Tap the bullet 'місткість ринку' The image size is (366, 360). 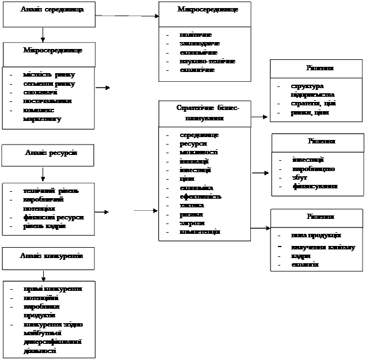tap(49, 75)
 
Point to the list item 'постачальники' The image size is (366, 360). tap(48, 101)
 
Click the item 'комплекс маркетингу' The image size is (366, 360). tap(43, 115)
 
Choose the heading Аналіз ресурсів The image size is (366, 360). tap(51, 152)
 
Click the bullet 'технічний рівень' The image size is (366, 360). tap(51, 191)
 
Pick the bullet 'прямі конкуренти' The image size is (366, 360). tap(52, 289)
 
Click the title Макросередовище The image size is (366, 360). tap(207, 10)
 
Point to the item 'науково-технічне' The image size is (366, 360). tap(199, 60)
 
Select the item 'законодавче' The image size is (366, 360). tap(192, 43)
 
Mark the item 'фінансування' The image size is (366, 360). tap(315, 186)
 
